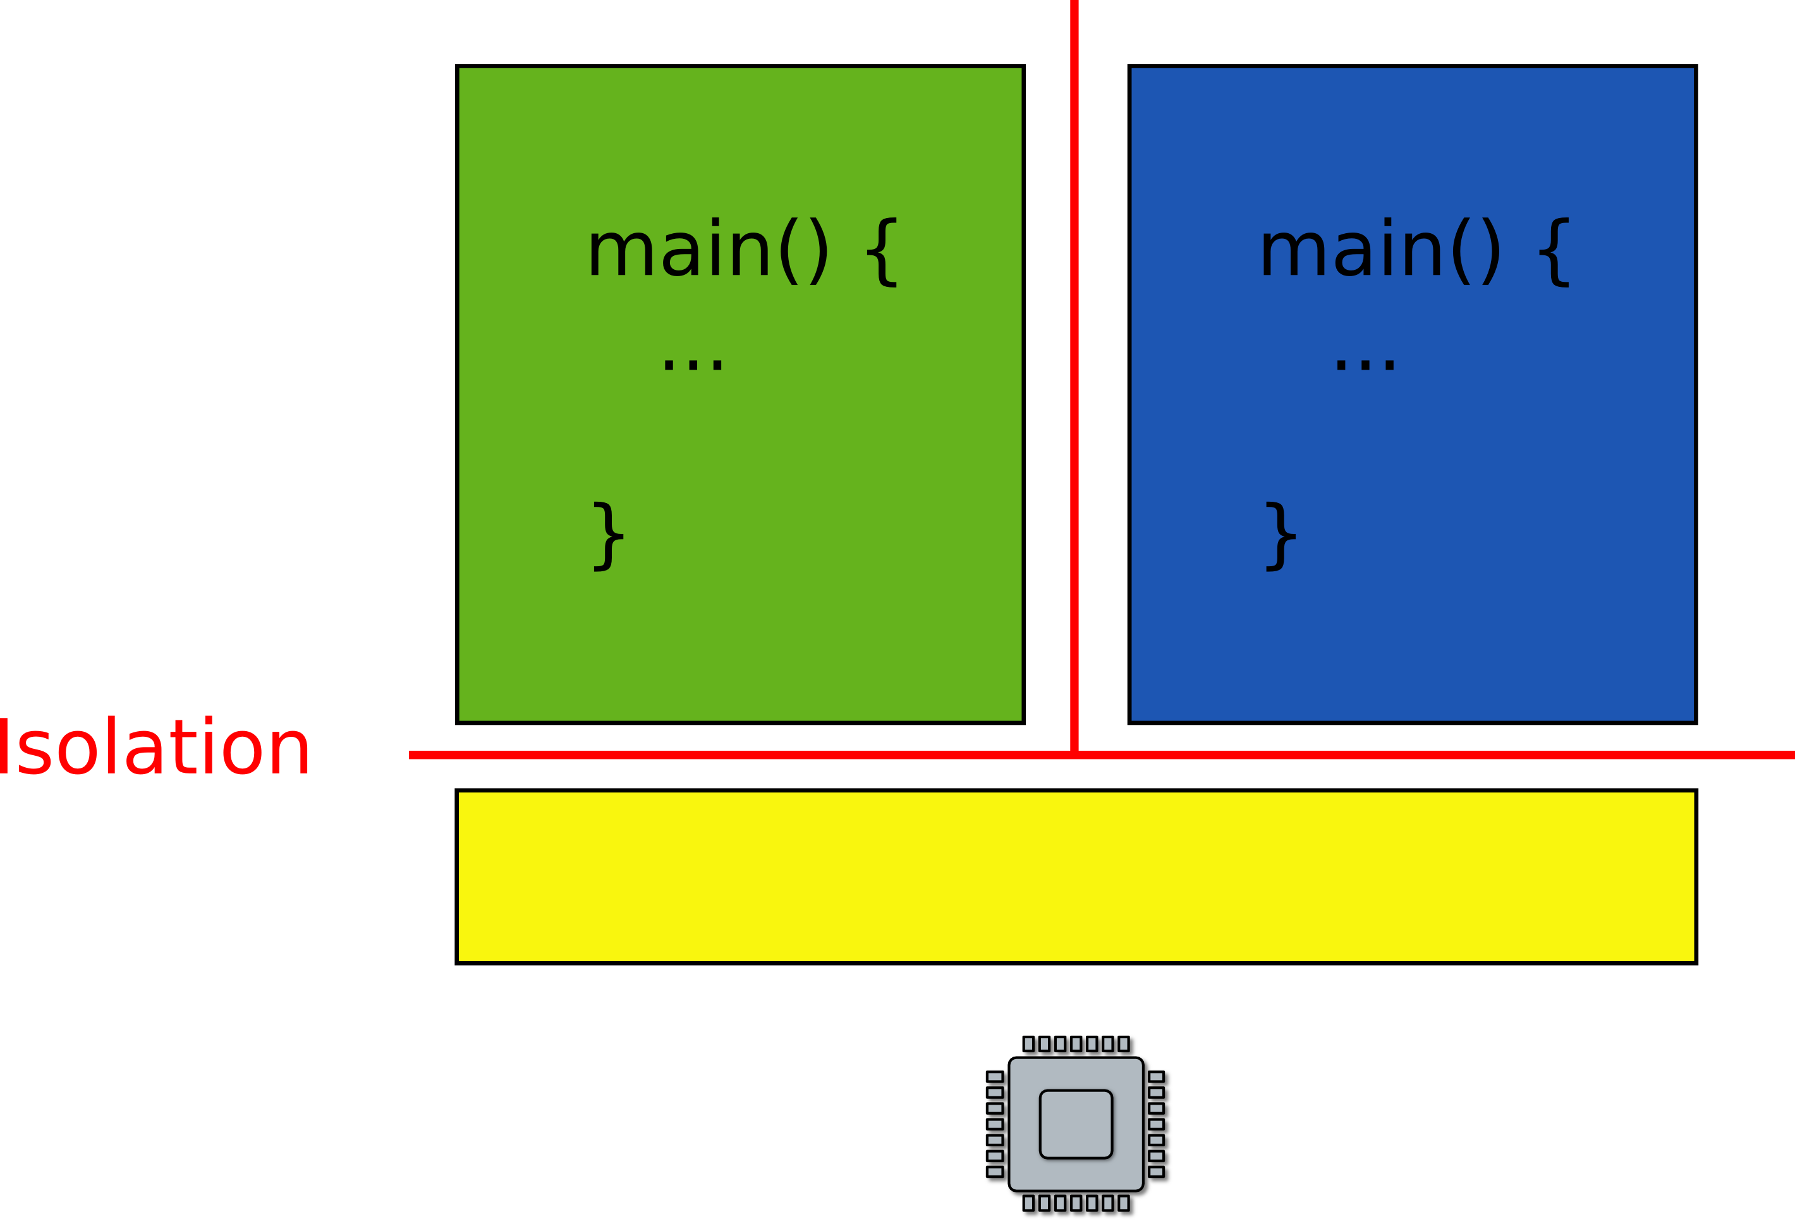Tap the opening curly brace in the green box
coord(882,253)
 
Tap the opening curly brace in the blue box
coord(1554,253)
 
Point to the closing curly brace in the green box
coord(608,537)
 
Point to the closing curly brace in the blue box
coord(1280,537)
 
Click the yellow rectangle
coord(1076,876)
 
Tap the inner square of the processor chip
coord(1076,1124)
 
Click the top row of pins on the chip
coord(1078,1044)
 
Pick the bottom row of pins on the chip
coord(1078,1203)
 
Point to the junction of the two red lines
coord(1074,755)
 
